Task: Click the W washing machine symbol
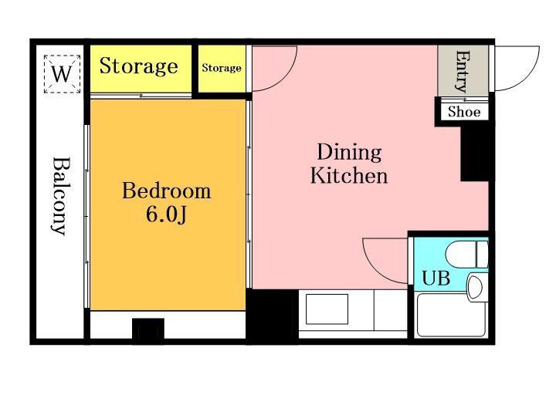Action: [x=62, y=74]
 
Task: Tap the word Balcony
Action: [x=59, y=196]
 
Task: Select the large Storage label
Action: [x=138, y=66]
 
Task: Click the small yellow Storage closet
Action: [x=222, y=69]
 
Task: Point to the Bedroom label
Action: [x=167, y=191]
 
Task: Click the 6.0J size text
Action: [x=166, y=214]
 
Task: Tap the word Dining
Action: [x=349, y=152]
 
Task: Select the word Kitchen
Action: [x=349, y=175]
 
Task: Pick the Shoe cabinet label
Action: [x=464, y=112]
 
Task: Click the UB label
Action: [x=436, y=278]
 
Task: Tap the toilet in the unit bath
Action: [x=467, y=255]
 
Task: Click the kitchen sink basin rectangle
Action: [x=327, y=309]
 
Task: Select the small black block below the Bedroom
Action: [x=148, y=329]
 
